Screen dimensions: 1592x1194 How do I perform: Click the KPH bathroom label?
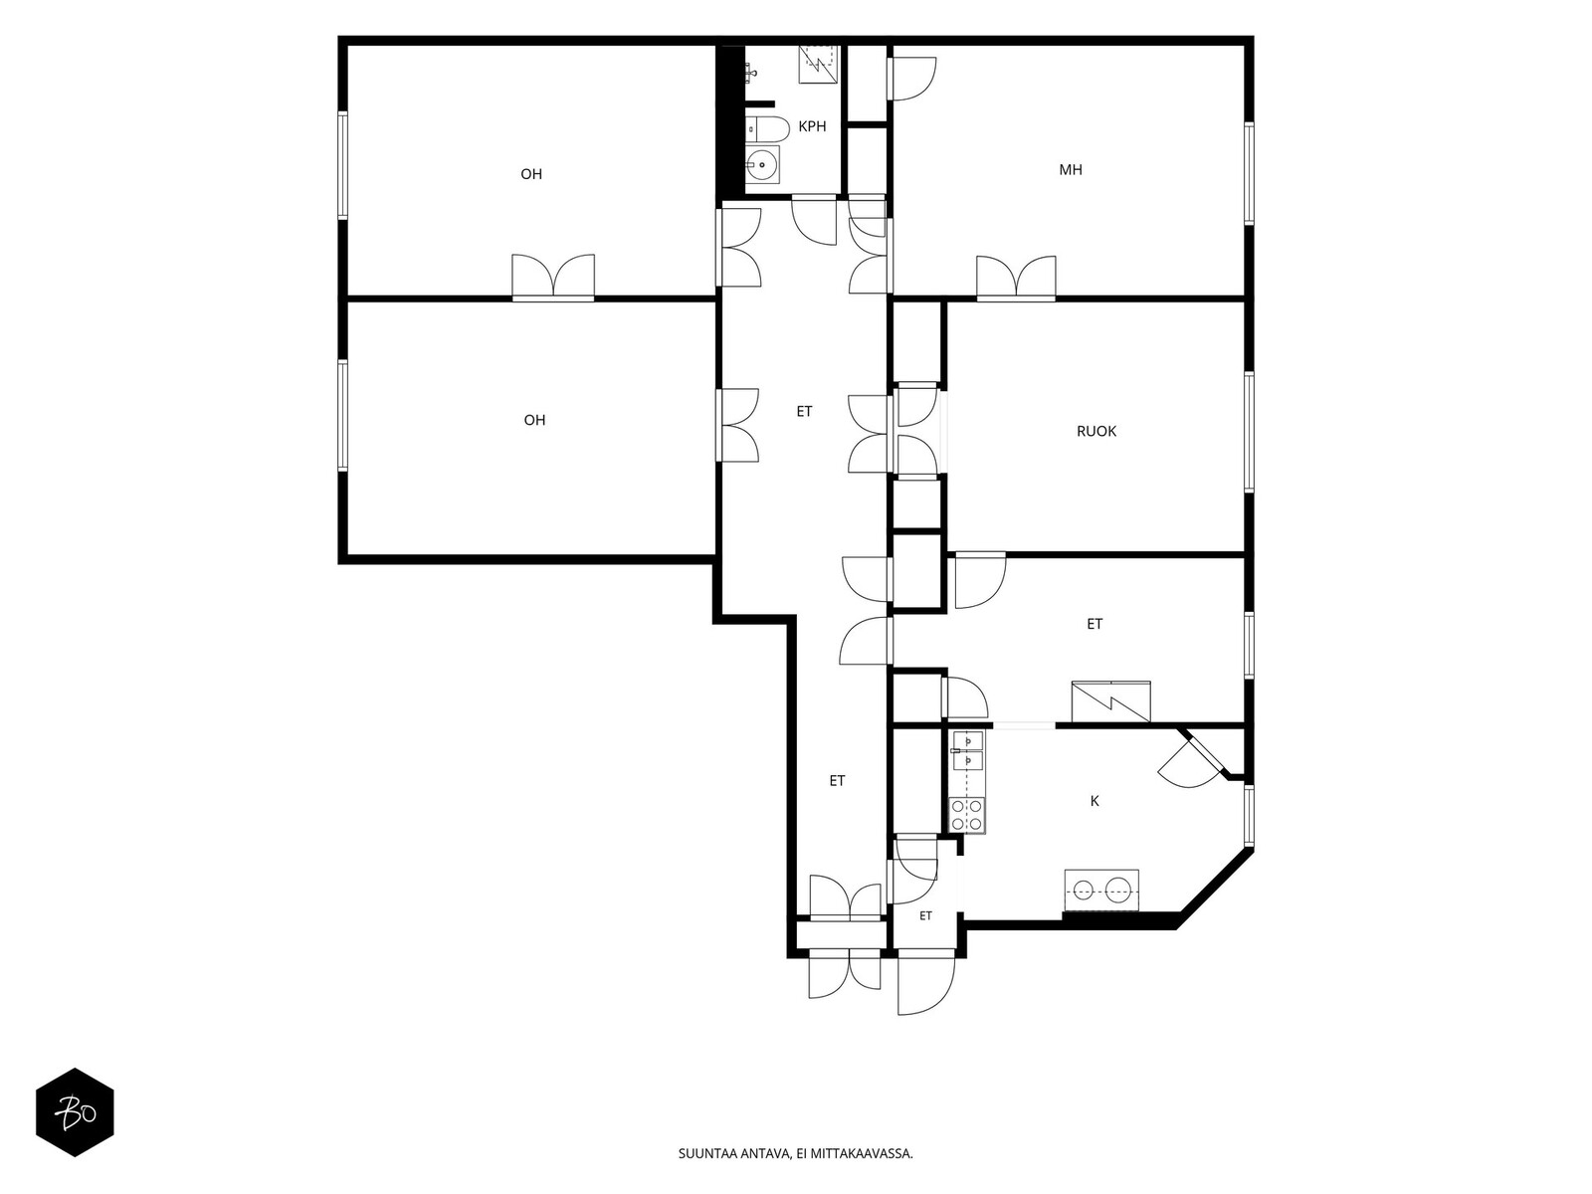click(812, 126)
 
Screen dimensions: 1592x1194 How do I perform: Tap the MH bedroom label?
click(1071, 169)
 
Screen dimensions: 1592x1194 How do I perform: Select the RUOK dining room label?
click(1095, 432)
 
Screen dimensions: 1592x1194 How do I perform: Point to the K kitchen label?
click(1094, 801)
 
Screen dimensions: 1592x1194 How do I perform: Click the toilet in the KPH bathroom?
click(766, 129)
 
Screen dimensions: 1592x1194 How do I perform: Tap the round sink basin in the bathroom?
click(761, 164)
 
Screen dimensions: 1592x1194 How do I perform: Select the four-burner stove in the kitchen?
click(967, 814)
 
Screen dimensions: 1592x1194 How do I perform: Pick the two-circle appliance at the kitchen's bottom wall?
click(1101, 890)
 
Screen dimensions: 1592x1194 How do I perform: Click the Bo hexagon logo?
click(75, 1112)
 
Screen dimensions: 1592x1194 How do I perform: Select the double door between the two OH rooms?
click(553, 277)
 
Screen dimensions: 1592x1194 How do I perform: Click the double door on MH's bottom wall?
click(1016, 278)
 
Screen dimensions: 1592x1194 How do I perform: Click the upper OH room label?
click(531, 174)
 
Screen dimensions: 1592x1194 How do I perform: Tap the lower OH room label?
click(534, 420)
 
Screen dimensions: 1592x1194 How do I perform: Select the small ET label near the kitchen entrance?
click(925, 915)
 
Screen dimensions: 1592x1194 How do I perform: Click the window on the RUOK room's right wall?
click(1249, 432)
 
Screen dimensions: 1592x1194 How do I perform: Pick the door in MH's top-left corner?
click(912, 79)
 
